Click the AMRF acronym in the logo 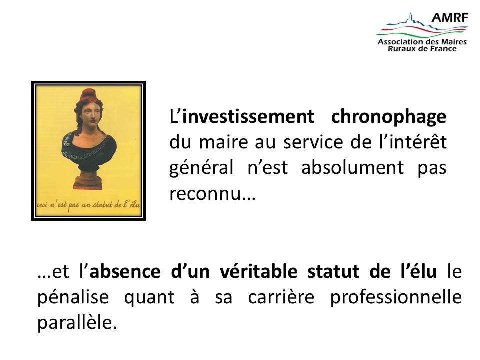[x=449, y=18]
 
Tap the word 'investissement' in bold [x=248, y=116]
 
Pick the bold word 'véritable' [x=258, y=271]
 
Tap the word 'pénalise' [x=73, y=297]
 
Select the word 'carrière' [x=281, y=297]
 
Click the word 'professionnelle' [x=396, y=297]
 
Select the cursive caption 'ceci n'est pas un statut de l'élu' [x=88, y=205]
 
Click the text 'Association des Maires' [x=422, y=42]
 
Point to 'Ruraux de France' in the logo [x=422, y=48]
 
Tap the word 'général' [x=201, y=168]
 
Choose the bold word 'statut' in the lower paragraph [x=333, y=271]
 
